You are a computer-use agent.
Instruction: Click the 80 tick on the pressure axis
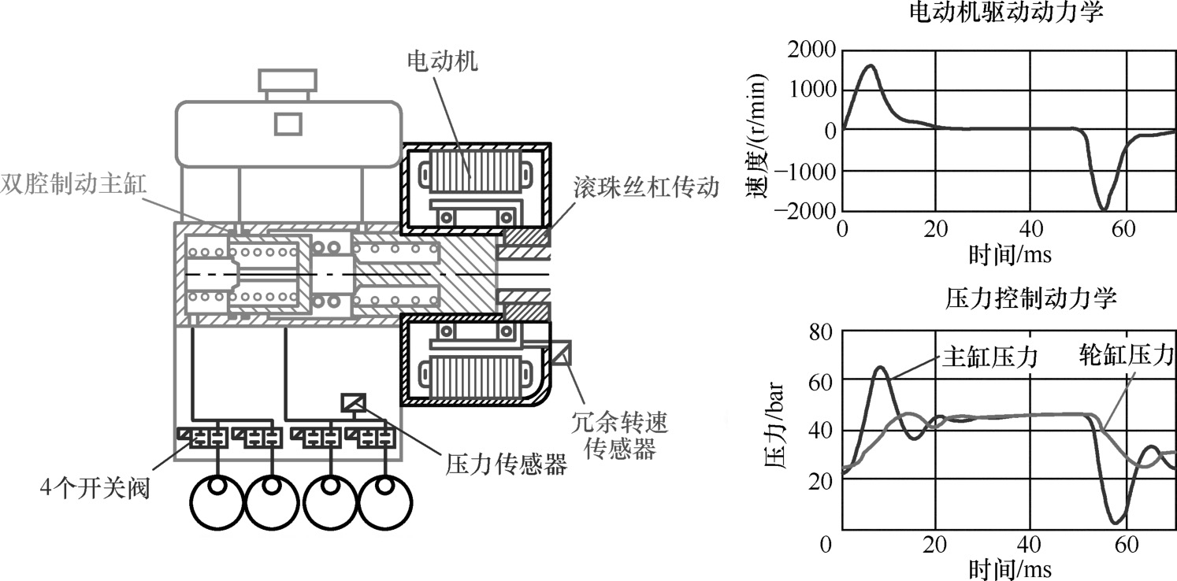pyautogui.click(x=822, y=331)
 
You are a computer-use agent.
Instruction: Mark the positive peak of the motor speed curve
pyautogui.click(x=871, y=65)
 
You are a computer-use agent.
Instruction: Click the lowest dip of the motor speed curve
pyautogui.click(x=1104, y=209)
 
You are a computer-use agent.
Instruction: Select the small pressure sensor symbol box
pyautogui.click(x=353, y=403)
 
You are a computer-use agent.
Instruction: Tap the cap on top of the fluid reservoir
pyautogui.click(x=288, y=80)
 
